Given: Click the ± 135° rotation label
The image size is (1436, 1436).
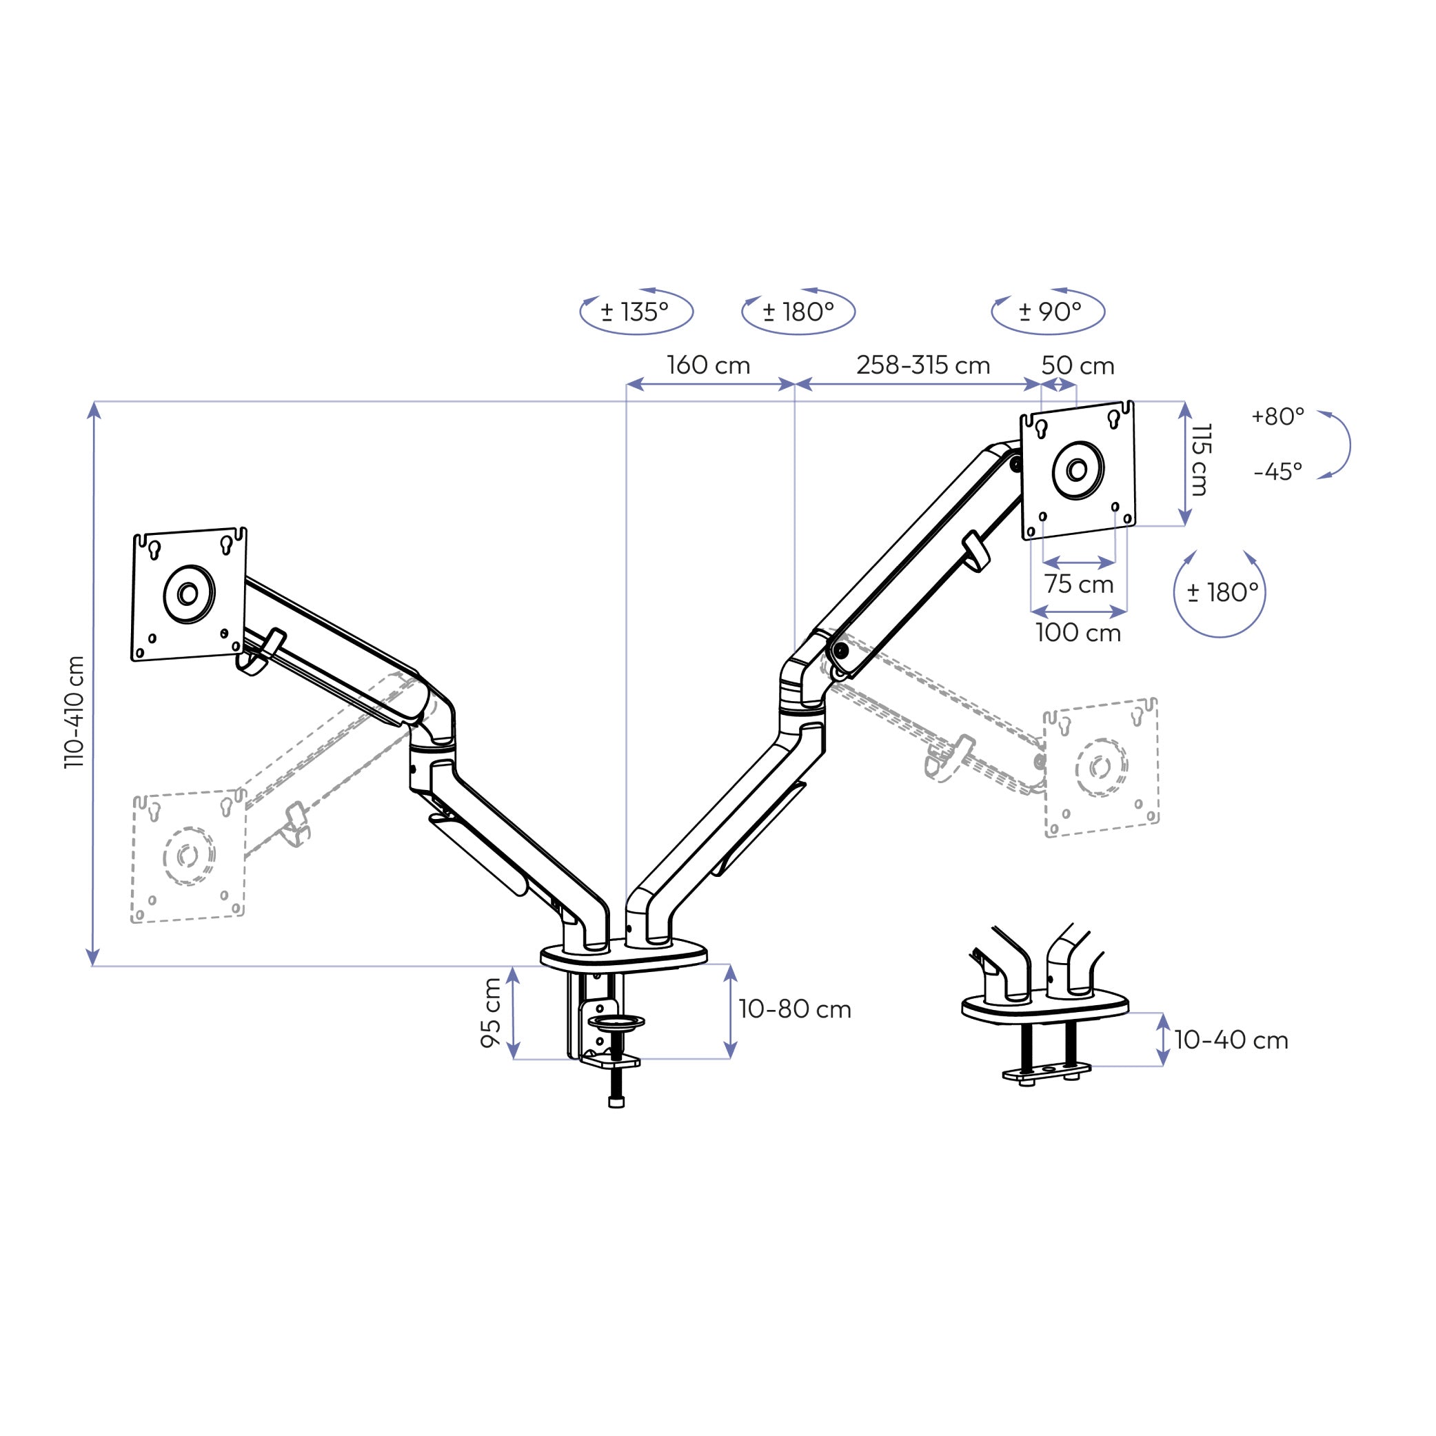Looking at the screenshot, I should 635,312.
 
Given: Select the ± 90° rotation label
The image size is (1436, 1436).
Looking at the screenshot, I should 1049,312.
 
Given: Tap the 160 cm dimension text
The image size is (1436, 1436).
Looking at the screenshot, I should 708,365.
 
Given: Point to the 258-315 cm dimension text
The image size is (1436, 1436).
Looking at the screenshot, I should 923,365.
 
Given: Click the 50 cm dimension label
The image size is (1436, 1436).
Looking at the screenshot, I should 1078,365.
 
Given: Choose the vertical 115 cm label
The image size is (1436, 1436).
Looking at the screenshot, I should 1200,460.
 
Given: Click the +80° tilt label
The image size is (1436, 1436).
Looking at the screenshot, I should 1277,416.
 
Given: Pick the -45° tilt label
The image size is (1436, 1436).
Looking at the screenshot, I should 1277,472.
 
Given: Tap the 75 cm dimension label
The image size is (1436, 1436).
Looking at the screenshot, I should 1078,584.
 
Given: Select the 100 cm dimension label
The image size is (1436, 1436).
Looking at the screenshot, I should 1078,633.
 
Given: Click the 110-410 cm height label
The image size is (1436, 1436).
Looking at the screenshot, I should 75,711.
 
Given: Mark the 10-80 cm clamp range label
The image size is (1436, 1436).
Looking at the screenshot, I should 795,1009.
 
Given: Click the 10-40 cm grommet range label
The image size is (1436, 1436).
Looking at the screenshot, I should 1231,1040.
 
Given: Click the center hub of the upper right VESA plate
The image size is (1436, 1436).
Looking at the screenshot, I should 1077,469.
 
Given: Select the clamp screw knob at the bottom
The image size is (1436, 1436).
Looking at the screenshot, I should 616,1102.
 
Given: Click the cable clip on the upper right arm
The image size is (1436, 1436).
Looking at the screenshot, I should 977,551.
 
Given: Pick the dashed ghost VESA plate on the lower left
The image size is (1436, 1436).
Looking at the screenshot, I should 188,856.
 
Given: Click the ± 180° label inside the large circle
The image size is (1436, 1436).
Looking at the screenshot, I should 1223,592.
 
